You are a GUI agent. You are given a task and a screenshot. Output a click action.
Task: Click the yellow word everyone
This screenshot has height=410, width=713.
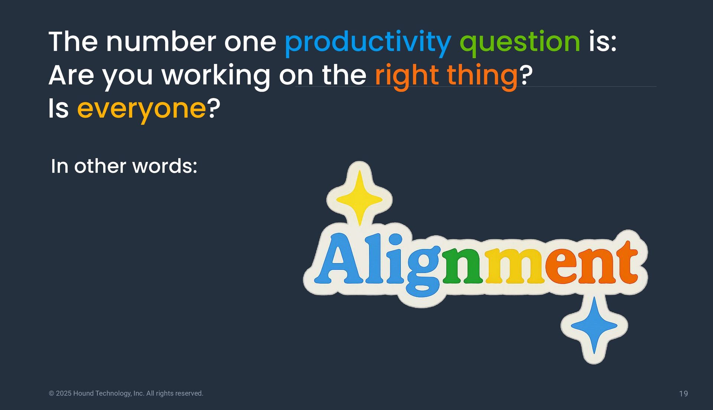pos(141,110)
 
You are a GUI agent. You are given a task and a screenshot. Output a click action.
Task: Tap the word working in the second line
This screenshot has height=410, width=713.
pos(216,76)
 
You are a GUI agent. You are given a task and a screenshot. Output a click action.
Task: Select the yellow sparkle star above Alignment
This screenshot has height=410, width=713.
pos(359,198)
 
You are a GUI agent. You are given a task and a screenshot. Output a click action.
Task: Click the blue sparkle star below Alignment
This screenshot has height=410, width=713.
pos(594,326)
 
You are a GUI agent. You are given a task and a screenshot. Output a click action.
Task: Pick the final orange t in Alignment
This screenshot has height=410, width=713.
pos(625,262)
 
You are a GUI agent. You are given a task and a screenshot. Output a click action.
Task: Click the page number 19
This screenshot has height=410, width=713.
pos(683,394)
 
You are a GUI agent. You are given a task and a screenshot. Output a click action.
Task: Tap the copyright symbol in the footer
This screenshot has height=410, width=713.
pos(52,393)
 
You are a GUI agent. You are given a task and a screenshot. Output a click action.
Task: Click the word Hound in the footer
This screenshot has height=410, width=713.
pos(83,393)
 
